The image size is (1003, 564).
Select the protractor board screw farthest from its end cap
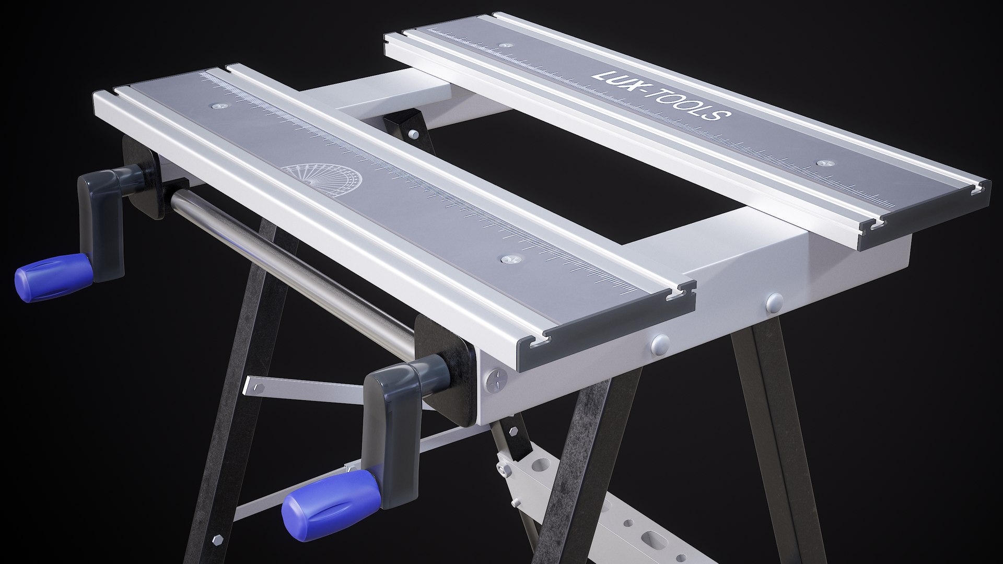pos(217,106)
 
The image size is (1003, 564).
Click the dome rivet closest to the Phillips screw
pos(660,342)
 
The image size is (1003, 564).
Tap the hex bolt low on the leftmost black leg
pos(216,537)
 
